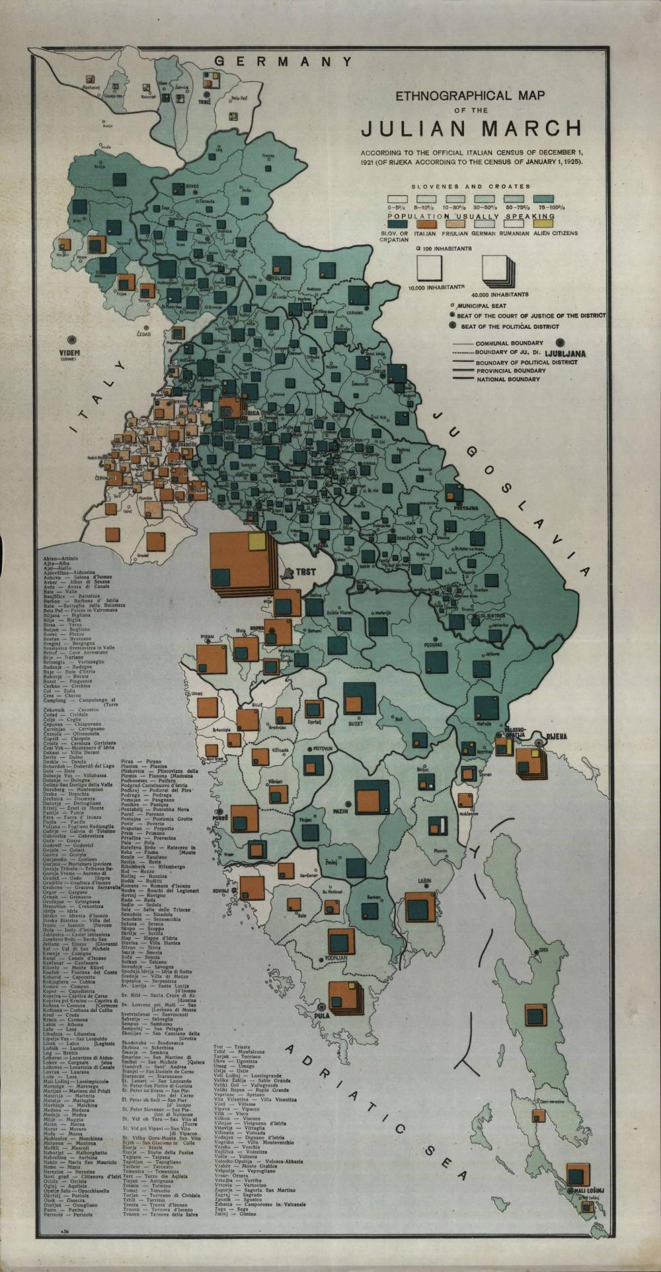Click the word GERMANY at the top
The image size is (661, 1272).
284,62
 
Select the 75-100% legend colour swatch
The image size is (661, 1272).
542,198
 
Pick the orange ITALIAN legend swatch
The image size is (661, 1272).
425,224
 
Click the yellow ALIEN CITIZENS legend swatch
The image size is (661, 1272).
555,224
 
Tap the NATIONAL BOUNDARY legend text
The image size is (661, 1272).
508,380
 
